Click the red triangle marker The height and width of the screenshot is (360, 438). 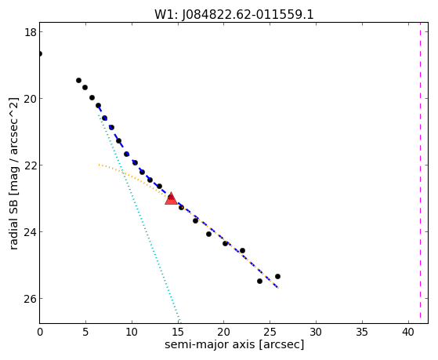click(x=171, y=198)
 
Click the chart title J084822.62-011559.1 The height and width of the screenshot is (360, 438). click(x=234, y=15)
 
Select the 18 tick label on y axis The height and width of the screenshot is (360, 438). click(x=31, y=32)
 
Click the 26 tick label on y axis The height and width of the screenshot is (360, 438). click(x=31, y=299)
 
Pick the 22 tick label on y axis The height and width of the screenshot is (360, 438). click(x=31, y=165)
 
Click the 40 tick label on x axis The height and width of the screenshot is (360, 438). click(x=409, y=332)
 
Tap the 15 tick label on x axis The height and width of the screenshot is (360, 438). click(x=178, y=332)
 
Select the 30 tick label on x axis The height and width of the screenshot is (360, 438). click(x=317, y=332)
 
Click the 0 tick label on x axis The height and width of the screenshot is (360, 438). click(x=40, y=332)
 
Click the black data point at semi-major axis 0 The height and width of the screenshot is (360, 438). click(x=40, y=53)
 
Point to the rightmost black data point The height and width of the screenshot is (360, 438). click(x=277, y=276)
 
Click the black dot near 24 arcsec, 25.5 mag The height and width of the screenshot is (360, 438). click(x=260, y=281)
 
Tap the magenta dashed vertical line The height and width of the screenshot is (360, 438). click(x=420, y=173)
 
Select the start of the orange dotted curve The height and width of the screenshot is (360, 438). click(x=99, y=165)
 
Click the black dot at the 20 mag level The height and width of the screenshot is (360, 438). click(x=92, y=97)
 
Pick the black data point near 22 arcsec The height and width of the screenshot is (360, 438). click(x=242, y=251)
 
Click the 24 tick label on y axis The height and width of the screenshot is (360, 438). click(x=31, y=232)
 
